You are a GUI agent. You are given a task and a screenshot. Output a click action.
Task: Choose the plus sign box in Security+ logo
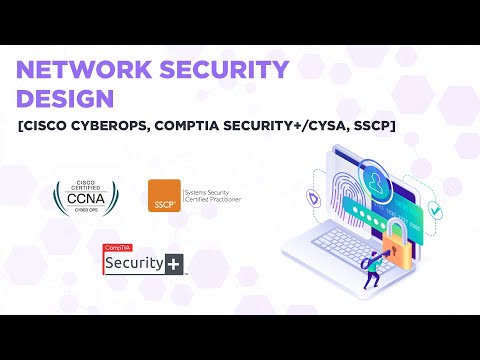click(x=176, y=264)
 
